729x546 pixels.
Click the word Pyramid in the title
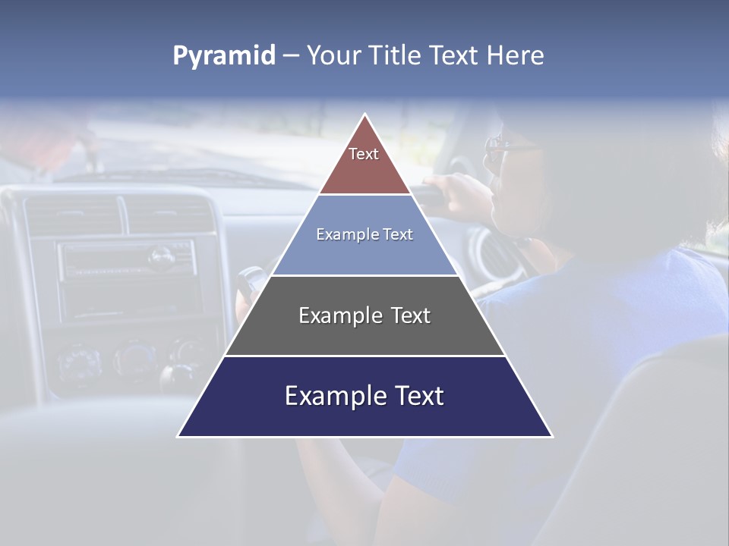223,56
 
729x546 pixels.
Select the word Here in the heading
516,55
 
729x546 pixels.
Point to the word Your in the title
333,55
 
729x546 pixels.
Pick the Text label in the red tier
364,154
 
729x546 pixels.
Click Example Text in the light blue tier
364,234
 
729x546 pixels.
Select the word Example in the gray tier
336,315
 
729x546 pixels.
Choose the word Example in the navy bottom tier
330,396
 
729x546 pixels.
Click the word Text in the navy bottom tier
414,396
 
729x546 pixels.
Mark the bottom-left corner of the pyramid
178,436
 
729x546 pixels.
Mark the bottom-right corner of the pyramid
552,436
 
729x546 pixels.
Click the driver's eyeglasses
501,149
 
